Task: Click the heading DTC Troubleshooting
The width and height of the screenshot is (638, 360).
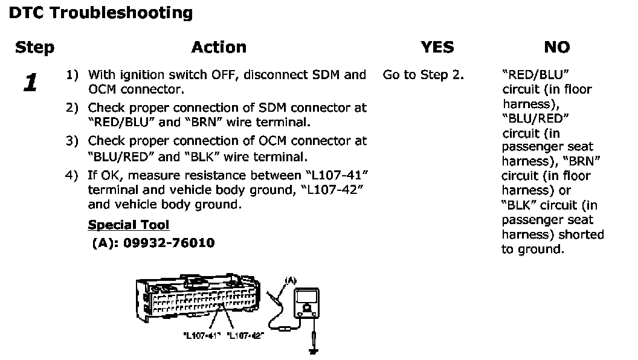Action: coord(101,13)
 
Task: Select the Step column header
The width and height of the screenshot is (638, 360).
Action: coord(34,48)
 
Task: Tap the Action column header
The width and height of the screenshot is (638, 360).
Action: coord(219,48)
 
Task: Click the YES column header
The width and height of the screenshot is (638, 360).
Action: coord(437,48)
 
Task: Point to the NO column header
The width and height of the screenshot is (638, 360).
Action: coord(556,48)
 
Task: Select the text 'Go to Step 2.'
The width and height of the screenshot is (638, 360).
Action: coord(423,76)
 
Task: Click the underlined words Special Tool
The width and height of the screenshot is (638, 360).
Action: coord(129,225)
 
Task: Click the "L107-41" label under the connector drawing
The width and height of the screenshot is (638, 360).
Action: coord(199,336)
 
